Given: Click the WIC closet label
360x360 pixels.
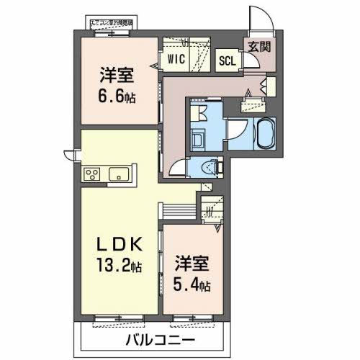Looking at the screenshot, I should [177, 58].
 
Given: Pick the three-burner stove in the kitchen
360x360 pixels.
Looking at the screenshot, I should [92, 174].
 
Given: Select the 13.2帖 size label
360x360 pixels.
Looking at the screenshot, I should [117, 265].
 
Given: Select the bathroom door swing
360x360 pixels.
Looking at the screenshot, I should [240, 133].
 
